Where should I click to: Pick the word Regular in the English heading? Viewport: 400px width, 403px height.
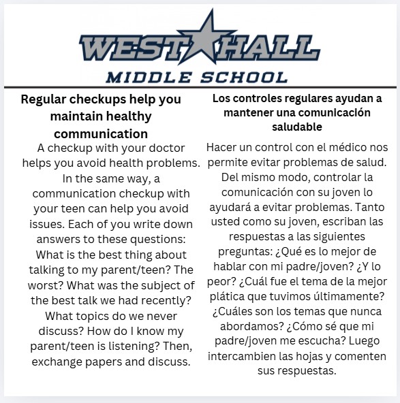(x=46, y=99)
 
